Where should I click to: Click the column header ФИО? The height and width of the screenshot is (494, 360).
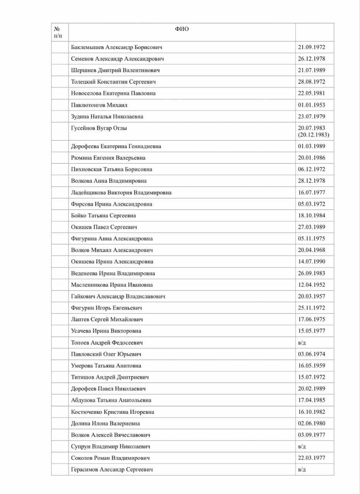[x=182, y=29]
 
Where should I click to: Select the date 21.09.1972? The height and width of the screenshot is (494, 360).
[x=311, y=47]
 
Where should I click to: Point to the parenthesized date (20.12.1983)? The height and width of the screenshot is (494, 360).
[x=313, y=134]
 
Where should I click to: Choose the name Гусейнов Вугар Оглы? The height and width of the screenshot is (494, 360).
[x=99, y=128]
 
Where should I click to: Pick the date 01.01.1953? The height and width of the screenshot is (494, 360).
[x=311, y=105]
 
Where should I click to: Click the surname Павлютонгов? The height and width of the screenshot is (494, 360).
[x=88, y=105]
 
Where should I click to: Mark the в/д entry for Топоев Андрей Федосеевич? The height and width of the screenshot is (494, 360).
[x=302, y=342]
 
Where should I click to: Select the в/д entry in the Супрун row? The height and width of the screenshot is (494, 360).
[x=302, y=447]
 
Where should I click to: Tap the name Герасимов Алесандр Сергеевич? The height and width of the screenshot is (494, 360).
[x=112, y=470]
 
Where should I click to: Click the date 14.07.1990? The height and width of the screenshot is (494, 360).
[x=311, y=262]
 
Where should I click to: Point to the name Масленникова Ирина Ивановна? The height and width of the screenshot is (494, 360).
[x=112, y=285]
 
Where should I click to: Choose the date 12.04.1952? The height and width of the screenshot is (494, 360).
[x=311, y=285]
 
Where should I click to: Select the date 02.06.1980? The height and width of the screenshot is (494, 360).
[x=311, y=423]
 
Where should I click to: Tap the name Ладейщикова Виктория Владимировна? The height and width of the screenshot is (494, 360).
[x=121, y=192]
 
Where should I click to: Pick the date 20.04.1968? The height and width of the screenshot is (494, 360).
[x=311, y=250]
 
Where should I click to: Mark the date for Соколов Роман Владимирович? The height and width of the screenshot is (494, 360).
[x=311, y=458]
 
